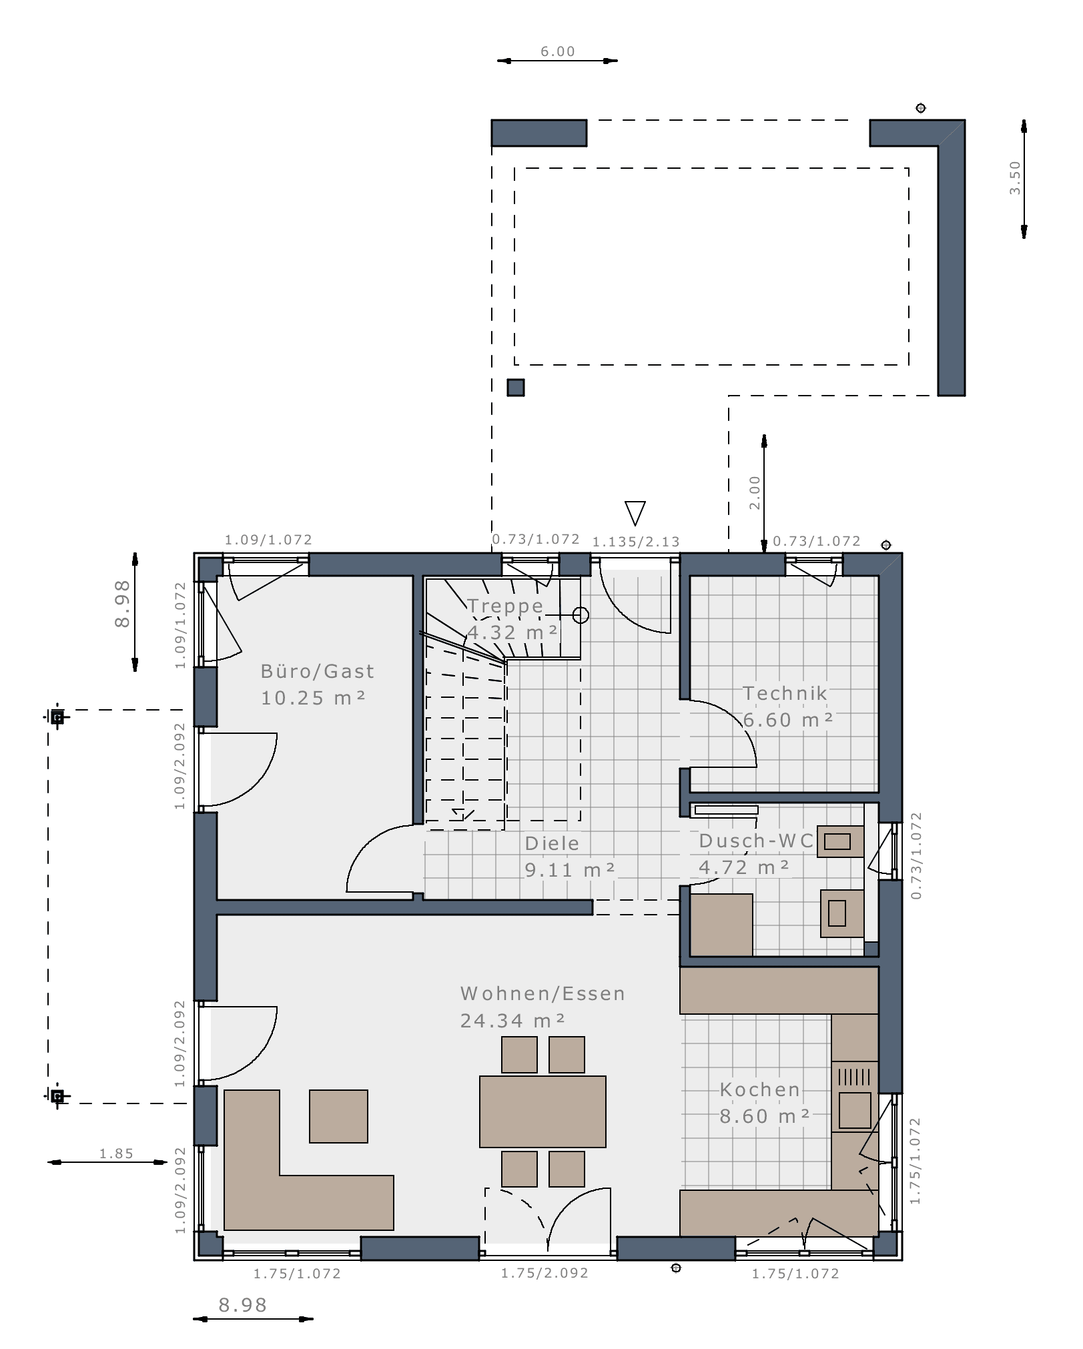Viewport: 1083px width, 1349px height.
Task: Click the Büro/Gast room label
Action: (318, 671)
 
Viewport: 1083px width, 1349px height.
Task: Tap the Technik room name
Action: (785, 693)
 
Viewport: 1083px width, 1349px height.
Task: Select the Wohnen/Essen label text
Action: (543, 993)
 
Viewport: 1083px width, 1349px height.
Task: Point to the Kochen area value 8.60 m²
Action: (765, 1116)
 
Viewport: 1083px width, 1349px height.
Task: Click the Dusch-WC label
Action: (756, 841)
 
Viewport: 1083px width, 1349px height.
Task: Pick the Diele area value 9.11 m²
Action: (570, 870)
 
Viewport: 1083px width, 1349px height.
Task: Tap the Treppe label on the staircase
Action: (505, 606)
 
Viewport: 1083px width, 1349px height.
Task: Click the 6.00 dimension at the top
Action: (558, 51)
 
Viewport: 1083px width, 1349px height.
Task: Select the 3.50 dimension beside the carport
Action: (1015, 178)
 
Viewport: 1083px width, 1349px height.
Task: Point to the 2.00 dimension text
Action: (755, 493)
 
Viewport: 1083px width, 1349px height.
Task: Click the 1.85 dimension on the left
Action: (117, 1154)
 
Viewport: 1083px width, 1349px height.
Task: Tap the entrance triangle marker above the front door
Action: (635, 513)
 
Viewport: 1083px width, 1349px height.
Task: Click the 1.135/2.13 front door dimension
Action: (636, 542)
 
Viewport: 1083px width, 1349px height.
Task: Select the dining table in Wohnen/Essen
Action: (543, 1111)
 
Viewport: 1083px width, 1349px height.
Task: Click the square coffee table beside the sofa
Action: (338, 1116)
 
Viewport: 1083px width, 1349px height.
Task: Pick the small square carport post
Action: (516, 388)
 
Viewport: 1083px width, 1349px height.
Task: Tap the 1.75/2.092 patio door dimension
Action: (545, 1273)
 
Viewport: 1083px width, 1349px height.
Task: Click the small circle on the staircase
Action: (581, 615)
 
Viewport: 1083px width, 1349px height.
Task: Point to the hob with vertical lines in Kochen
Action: (855, 1077)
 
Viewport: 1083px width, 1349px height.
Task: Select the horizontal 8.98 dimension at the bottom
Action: (243, 1305)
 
